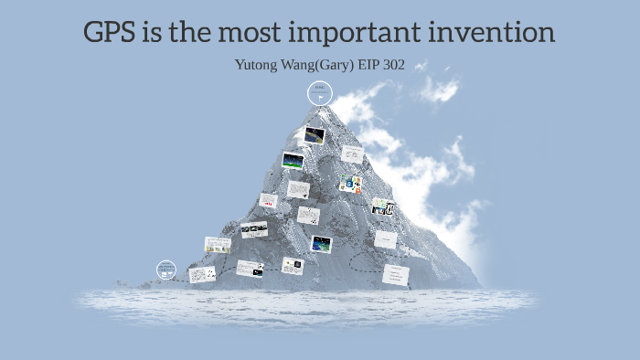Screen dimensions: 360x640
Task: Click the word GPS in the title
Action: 112,34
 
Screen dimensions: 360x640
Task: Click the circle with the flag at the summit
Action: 320,92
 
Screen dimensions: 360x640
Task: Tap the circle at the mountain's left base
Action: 165,270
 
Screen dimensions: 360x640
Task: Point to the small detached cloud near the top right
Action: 439,90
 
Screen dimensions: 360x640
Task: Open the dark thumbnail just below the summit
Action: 315,135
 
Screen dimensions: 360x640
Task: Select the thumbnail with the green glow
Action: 293,162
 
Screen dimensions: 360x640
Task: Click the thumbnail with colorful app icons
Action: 350,185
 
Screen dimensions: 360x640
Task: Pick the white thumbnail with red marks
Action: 268,200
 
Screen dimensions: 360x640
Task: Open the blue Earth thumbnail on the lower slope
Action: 321,244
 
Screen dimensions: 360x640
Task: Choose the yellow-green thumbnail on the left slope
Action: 218,244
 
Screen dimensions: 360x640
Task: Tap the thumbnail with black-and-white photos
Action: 253,228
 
